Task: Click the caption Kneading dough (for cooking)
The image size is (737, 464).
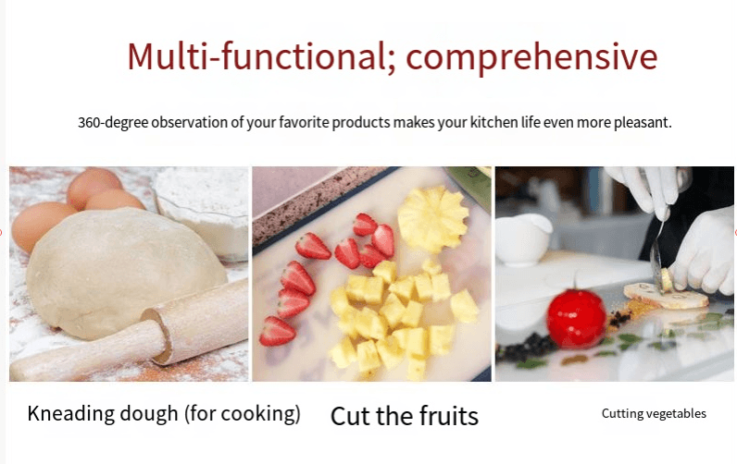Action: (164, 413)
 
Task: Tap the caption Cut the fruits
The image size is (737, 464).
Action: (404, 416)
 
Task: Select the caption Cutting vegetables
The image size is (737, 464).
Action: (654, 413)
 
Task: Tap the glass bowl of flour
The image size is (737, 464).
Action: (204, 208)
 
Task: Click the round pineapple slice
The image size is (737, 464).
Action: (432, 219)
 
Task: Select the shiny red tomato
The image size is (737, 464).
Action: (576, 317)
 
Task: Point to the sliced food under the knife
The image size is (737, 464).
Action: (663, 294)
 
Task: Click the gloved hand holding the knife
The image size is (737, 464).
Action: (648, 189)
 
